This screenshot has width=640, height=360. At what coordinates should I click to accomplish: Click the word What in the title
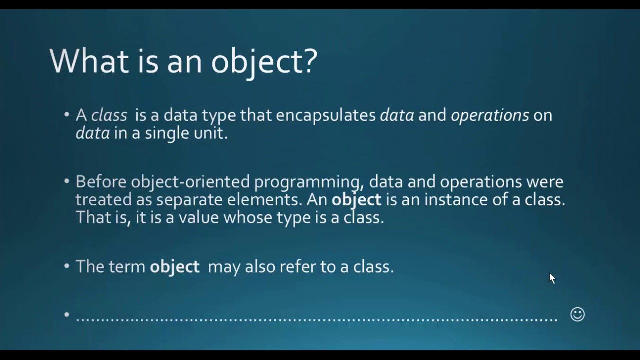[x=89, y=61]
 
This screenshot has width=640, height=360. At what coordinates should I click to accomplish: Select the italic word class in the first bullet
[x=109, y=115]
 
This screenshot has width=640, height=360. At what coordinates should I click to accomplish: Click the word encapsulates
[x=326, y=115]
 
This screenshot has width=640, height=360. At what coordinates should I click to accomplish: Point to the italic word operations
[x=489, y=115]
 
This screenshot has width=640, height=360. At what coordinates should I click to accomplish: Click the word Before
[x=101, y=181]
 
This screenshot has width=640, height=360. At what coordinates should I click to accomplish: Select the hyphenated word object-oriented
[x=190, y=181]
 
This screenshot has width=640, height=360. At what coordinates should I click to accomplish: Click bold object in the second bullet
[x=356, y=200]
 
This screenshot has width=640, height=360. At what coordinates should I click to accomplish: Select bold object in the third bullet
[x=174, y=267]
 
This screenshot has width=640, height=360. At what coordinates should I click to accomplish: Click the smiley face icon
[x=577, y=314]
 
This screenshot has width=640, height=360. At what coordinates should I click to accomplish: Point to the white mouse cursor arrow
[x=552, y=278]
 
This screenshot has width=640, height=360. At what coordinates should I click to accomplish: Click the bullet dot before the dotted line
[x=67, y=315]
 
